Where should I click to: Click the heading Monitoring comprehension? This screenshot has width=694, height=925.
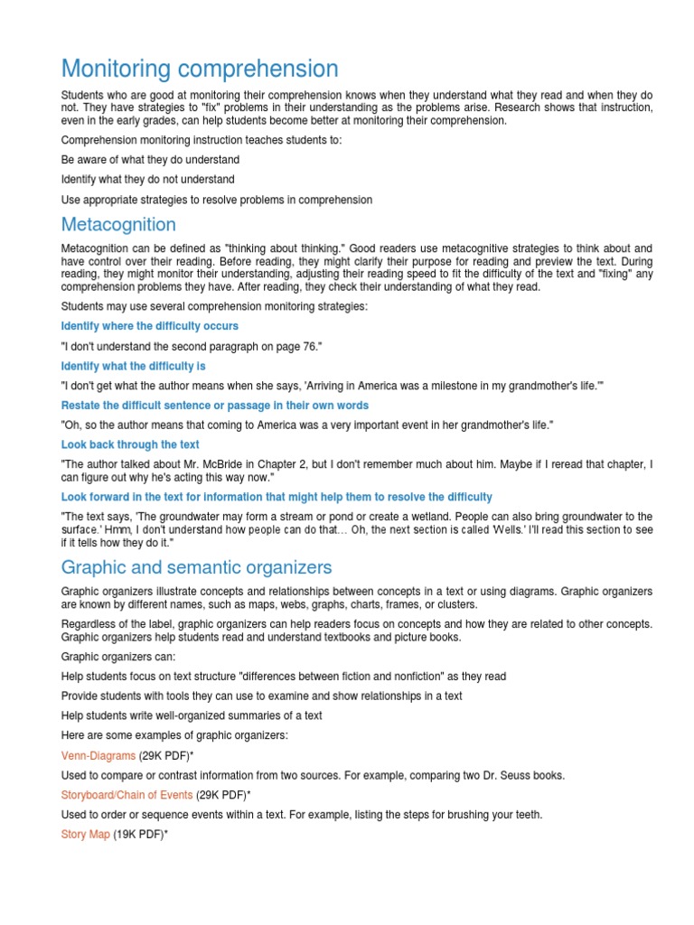200,69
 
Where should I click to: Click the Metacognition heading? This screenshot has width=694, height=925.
118,224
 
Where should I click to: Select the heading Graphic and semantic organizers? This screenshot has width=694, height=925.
196,567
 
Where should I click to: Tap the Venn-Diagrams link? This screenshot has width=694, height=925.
98,755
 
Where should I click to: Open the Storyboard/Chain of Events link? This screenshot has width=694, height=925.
127,795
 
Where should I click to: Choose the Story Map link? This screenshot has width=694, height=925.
85,835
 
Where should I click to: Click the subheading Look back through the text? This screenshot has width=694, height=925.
130,444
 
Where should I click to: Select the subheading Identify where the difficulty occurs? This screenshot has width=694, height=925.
149,326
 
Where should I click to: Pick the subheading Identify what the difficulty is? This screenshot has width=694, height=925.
133,366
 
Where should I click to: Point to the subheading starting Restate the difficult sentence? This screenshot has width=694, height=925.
214,406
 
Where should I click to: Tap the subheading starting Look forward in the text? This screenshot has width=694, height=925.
277,497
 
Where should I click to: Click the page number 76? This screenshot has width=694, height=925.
305,346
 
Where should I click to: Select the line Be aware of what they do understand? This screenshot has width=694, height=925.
150,160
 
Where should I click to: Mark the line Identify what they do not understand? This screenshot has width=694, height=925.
147,180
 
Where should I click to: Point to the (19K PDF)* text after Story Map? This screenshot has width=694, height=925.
141,835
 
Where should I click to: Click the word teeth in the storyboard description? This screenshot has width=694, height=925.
528,815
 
